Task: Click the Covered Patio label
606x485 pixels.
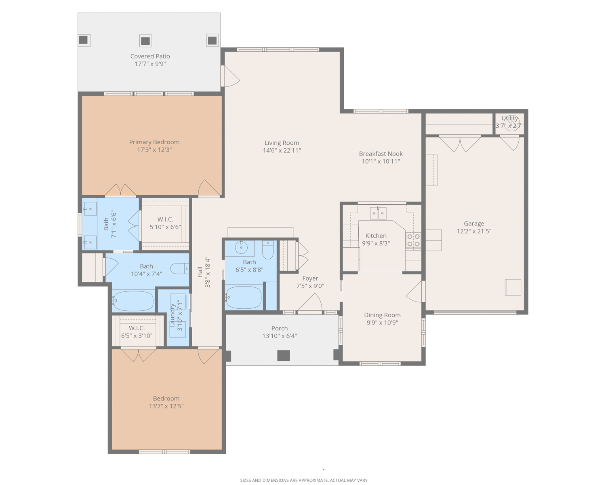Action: [x=150, y=56]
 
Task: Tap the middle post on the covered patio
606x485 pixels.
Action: [x=145, y=41]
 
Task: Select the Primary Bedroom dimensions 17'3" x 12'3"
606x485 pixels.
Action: [x=154, y=150]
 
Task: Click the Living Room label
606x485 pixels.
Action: [x=282, y=143]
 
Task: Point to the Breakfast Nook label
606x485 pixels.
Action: [x=381, y=154]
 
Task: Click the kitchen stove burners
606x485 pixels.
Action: [x=413, y=240]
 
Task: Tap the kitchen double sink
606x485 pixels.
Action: [x=378, y=213]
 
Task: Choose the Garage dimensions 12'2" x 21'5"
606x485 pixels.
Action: [x=474, y=231]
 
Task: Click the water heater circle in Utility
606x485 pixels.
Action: [x=511, y=123]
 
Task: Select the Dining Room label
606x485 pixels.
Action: [x=382, y=315]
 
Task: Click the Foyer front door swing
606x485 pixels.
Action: [x=310, y=302]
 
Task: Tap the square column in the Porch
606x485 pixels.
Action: [x=283, y=356]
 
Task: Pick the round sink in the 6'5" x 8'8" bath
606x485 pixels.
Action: [x=241, y=247]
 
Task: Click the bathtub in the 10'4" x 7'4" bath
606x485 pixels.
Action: [x=133, y=301]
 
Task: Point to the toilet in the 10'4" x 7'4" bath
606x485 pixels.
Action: [x=180, y=268]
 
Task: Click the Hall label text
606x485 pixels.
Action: [x=200, y=272]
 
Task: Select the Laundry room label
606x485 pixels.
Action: [x=172, y=315]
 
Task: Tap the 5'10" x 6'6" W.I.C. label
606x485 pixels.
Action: [x=165, y=219]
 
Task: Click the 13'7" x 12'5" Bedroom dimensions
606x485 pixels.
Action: [x=166, y=406]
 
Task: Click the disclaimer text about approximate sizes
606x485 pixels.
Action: [x=303, y=480]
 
